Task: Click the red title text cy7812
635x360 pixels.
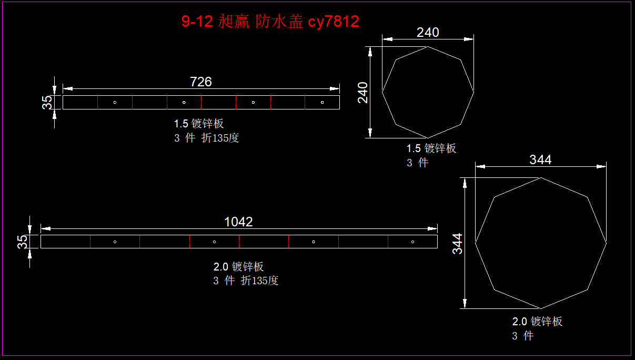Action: [334, 22]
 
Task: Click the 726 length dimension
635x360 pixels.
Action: [200, 82]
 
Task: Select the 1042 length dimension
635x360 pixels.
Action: [238, 222]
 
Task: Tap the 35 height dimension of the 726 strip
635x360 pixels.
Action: [47, 103]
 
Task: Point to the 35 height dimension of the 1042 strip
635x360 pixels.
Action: [23, 242]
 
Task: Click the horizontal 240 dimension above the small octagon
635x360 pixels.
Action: [428, 32]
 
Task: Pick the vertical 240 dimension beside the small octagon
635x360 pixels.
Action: [362, 93]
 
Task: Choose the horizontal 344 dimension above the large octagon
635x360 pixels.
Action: [540, 159]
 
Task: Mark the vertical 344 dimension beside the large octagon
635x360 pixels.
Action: [457, 244]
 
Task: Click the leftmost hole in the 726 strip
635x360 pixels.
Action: [115, 103]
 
